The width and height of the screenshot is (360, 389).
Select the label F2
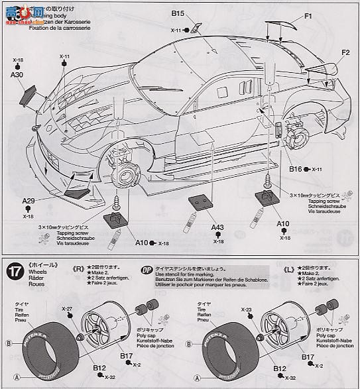[x=345, y=52]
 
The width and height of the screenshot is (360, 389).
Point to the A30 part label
[x=17, y=76]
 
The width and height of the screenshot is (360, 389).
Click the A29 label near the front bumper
[x=28, y=201]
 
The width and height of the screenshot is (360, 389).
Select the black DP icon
[x=147, y=269]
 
